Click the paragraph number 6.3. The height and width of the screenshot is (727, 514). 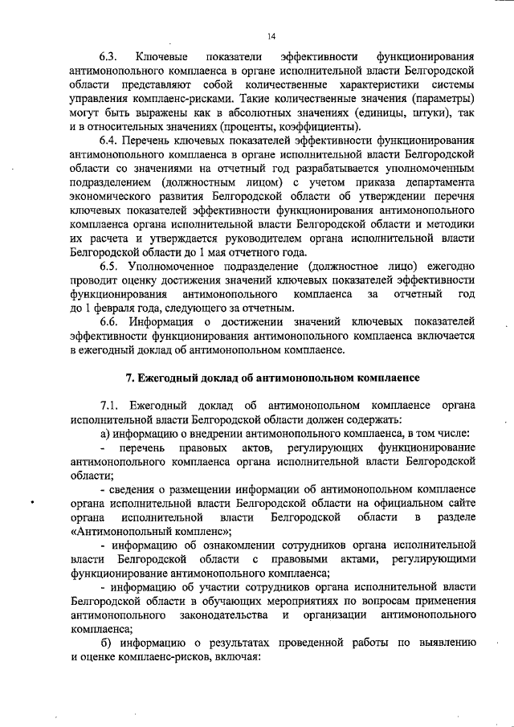[x=108, y=57]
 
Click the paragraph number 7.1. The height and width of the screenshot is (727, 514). [x=109, y=406]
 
